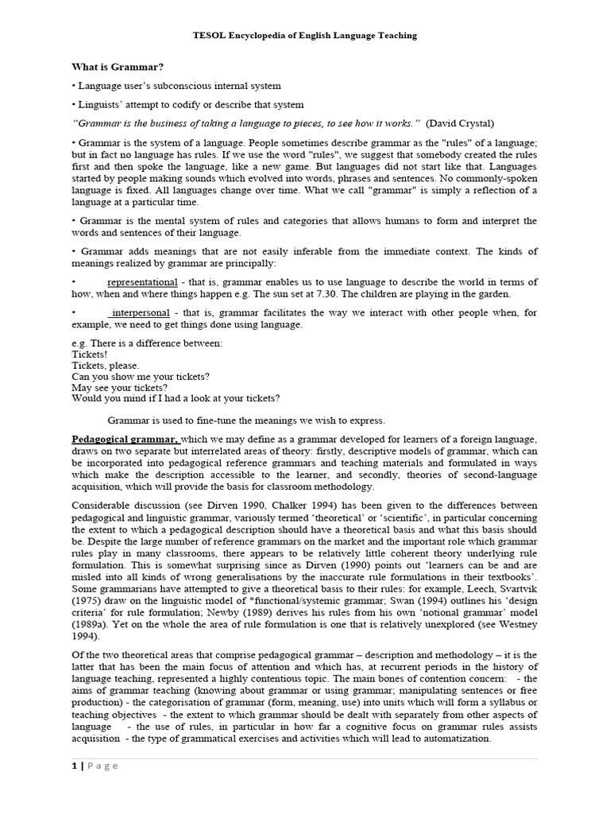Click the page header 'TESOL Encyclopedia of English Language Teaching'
coord(305,36)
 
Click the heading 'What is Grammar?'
coord(118,68)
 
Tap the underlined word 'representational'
coord(142,282)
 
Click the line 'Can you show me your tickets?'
coord(141,376)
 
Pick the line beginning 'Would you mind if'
coord(176,398)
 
